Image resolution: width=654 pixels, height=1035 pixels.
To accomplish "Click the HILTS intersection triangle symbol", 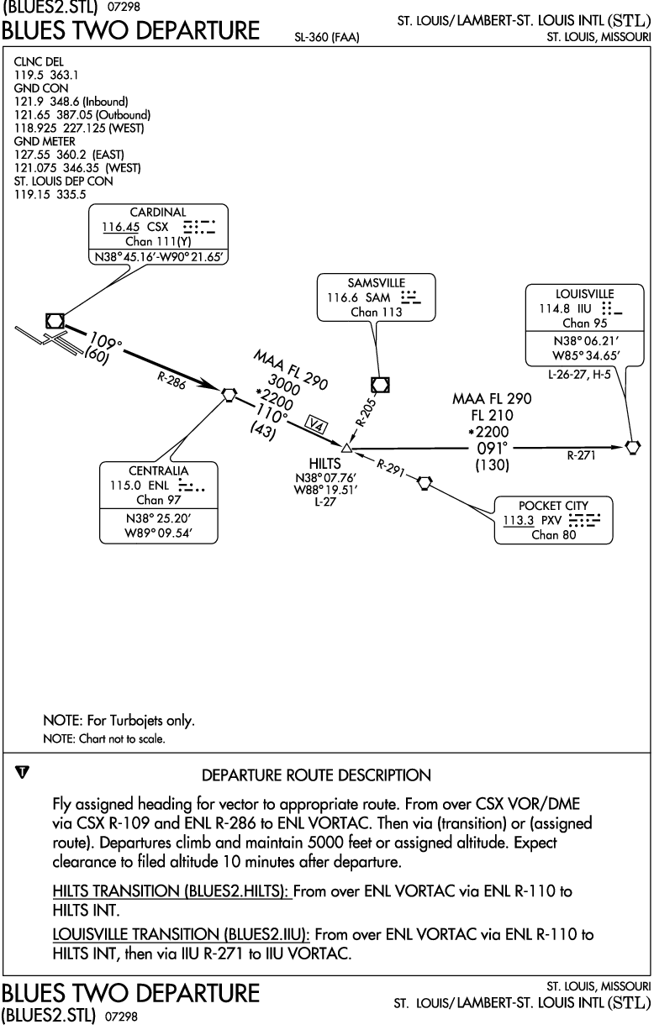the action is [346, 448].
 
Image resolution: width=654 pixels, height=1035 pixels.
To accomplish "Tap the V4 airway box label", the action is [316, 424].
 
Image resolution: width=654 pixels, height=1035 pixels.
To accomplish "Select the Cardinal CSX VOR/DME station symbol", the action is [55, 321].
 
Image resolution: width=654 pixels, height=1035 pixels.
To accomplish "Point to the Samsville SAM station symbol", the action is [380, 385].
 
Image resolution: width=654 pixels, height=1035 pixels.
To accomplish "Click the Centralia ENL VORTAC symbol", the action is [229, 395].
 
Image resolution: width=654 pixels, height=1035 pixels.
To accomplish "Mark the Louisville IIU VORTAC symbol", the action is [633, 447].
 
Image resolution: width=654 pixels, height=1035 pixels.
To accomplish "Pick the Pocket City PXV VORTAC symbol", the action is [425, 483].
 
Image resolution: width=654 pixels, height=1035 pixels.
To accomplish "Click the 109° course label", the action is [105, 342].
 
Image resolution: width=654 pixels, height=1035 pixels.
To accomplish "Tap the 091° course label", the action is [492, 448].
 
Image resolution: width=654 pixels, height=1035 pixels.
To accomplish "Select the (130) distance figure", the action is [493, 465].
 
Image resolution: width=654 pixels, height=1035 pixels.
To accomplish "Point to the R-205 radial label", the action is [365, 412].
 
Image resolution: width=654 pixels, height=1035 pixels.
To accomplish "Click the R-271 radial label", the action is [581, 455].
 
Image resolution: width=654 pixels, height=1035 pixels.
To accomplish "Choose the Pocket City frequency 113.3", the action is [518, 520].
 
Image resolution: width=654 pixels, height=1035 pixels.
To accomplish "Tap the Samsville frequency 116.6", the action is [342, 297].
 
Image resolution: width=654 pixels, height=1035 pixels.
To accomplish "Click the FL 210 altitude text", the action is [493, 415].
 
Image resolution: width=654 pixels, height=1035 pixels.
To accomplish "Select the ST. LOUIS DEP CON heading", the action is [63, 181].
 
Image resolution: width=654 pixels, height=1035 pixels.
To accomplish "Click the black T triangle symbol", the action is [22, 772].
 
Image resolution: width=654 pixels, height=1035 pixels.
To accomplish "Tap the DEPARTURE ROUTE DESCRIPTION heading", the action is [317, 775].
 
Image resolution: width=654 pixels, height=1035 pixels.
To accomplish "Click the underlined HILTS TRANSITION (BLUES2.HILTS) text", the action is [172, 891].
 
